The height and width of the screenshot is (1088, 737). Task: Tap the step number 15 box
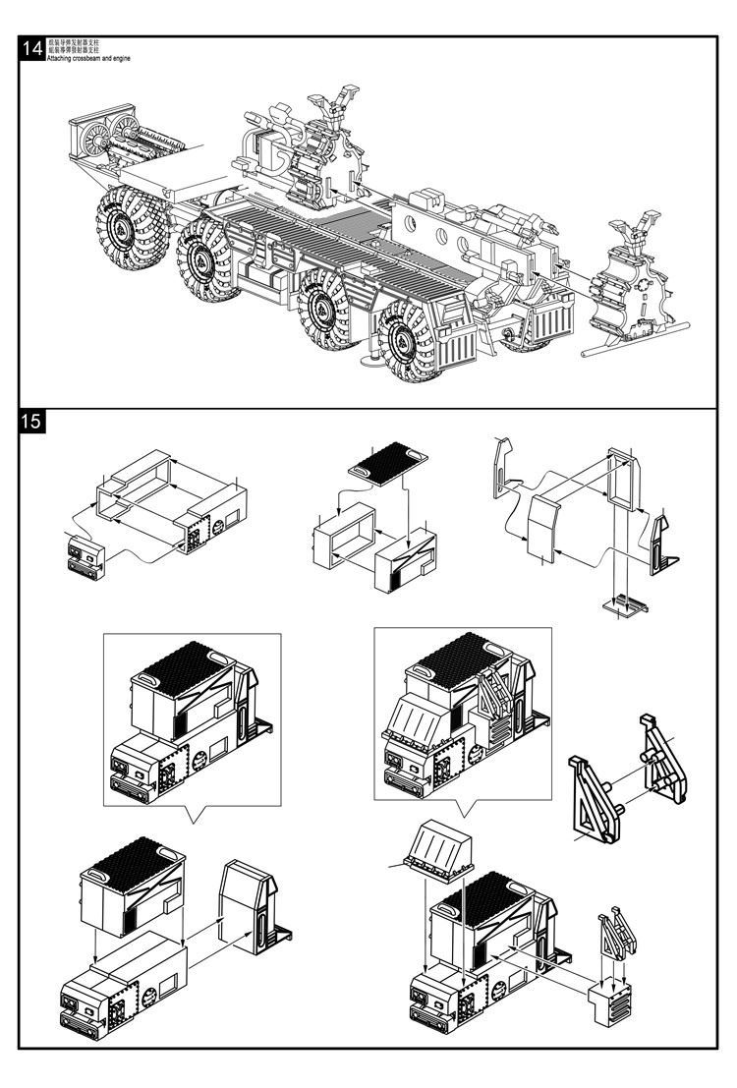coord(31,423)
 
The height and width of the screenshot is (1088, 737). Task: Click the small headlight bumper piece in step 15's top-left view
coord(83,554)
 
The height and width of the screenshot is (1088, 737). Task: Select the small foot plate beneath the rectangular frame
coord(624,604)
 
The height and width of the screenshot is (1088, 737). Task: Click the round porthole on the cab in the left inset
coord(200,758)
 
